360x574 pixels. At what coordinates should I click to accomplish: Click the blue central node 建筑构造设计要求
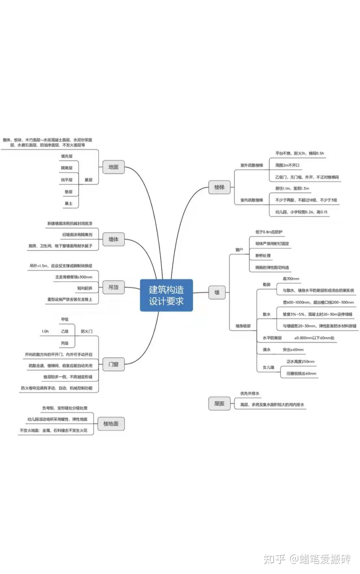[166, 295]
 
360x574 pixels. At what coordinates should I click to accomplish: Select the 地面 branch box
[113, 167]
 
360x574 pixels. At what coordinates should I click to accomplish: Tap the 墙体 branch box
[113, 239]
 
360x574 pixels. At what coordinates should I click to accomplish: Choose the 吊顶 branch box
[113, 287]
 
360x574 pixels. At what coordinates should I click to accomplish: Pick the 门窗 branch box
[113, 364]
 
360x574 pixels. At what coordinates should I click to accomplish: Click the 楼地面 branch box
[111, 424]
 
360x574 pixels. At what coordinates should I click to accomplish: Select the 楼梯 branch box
[219, 187]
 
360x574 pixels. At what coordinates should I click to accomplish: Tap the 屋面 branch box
[219, 404]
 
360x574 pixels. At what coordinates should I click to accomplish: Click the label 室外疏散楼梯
[252, 165]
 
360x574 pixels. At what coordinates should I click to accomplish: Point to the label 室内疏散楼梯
[252, 200]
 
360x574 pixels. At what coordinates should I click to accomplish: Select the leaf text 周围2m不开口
[287, 165]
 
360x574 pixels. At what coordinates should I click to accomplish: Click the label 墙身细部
[243, 326]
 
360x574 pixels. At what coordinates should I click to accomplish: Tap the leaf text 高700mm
[291, 278]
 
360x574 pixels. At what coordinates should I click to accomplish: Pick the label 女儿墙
[268, 367]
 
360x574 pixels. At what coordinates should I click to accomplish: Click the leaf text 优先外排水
[250, 394]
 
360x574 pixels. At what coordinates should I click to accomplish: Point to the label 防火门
[87, 331]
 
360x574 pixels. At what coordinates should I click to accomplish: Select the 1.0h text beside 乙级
[45, 331]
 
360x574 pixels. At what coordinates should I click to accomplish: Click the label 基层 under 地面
[88, 180]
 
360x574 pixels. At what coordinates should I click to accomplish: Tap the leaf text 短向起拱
[85, 288]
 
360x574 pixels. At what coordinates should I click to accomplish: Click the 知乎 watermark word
[274, 559]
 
